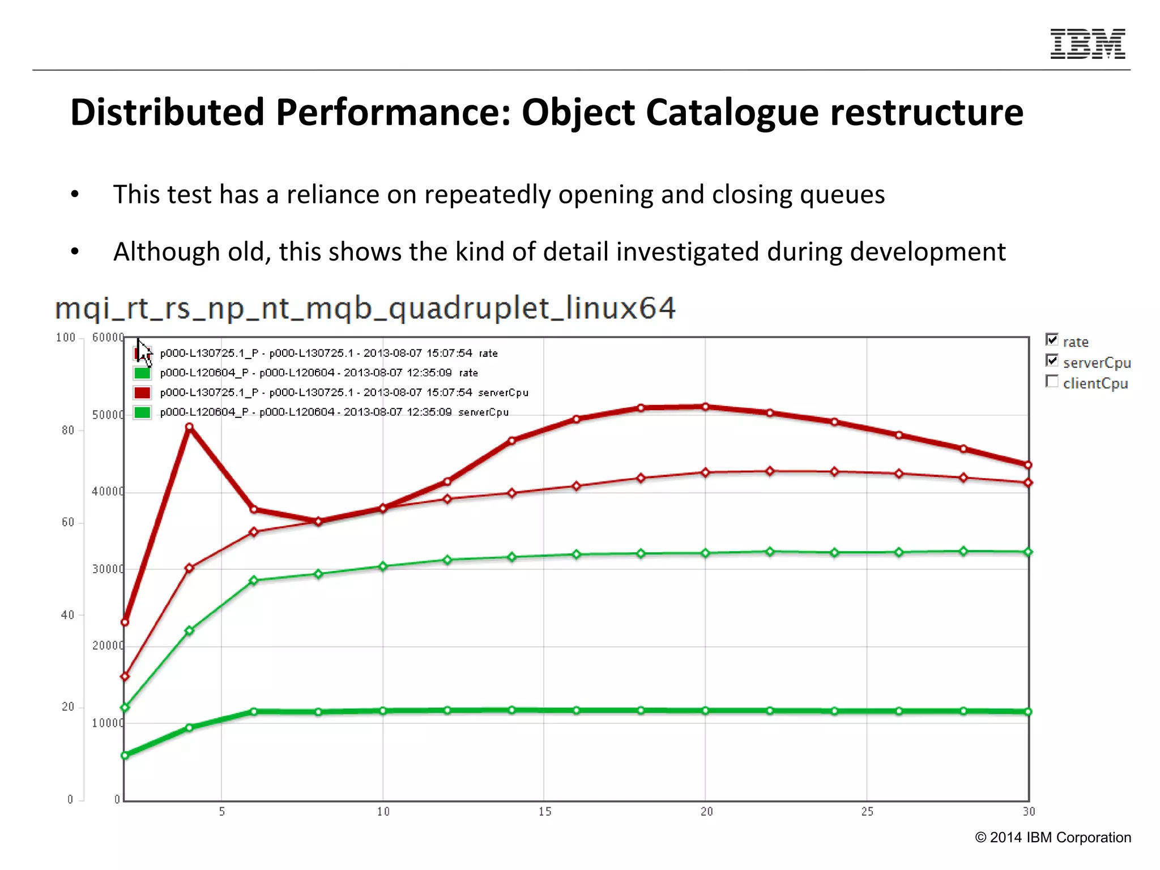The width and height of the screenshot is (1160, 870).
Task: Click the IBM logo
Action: [1087, 44]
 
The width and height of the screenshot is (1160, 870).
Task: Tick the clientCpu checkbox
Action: [1052, 381]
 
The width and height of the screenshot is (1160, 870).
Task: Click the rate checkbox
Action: [1052, 339]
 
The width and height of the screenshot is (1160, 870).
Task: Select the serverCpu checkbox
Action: [1052, 360]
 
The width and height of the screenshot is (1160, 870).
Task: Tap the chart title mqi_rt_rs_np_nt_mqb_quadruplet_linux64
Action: [365, 309]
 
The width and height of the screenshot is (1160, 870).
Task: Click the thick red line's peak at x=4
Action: [189, 427]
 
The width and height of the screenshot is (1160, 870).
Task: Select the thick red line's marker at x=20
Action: [705, 407]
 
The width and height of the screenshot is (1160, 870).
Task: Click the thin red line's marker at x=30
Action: [1029, 483]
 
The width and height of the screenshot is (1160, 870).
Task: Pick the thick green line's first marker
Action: [125, 755]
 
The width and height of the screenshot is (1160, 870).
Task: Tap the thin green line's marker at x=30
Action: [1029, 552]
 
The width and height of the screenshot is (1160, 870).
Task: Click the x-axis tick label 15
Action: [545, 812]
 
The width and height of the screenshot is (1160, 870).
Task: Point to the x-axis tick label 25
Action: [867, 812]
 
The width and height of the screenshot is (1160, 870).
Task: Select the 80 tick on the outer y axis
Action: [68, 430]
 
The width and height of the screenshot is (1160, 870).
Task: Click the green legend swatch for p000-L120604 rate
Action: [142, 373]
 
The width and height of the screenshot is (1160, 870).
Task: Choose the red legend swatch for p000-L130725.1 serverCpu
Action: [142, 393]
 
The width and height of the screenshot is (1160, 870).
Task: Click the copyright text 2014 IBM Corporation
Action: [1053, 838]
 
